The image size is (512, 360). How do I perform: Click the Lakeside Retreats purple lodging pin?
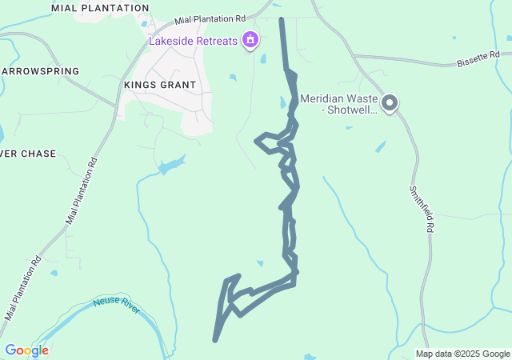(251, 38)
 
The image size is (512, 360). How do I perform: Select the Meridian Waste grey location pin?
(390, 103)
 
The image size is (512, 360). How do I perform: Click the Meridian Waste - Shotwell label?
(338, 104)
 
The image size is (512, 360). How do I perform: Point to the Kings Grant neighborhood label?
(160, 84)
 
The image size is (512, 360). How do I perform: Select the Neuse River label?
(117, 304)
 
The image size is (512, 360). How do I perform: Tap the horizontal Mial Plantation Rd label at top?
(210, 18)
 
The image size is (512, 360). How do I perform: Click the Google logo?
(26, 350)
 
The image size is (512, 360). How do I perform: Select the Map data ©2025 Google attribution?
(462, 354)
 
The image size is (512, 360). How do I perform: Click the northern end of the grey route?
(281, 18)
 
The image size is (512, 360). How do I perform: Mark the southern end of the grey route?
(215, 340)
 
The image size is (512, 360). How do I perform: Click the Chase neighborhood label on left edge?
(28, 153)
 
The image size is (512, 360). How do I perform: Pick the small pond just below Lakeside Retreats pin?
(263, 58)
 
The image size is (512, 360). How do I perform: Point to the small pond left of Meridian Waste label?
(282, 102)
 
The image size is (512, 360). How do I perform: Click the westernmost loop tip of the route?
(257, 142)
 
